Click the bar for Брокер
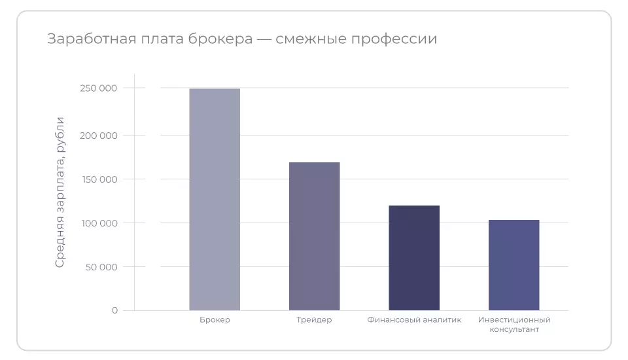click(x=215, y=199)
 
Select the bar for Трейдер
click(x=314, y=236)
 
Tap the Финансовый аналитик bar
click(x=414, y=258)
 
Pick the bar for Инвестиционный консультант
click(x=514, y=265)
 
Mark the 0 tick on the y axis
click(x=114, y=310)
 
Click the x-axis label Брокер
click(x=215, y=320)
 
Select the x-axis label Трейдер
click(x=314, y=320)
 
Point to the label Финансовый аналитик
click(x=414, y=320)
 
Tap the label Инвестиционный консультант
click(x=514, y=325)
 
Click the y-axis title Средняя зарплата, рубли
click(x=60, y=192)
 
